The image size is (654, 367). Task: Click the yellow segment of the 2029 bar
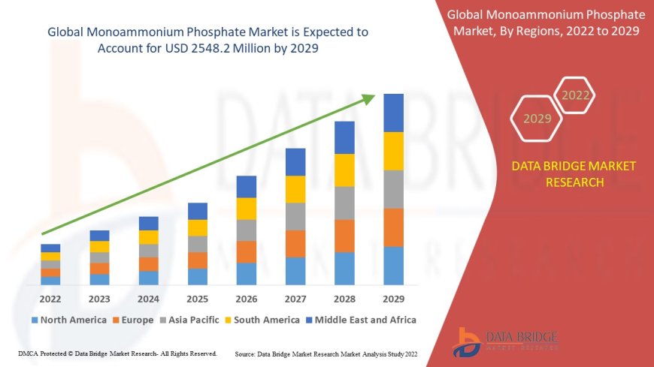click(x=393, y=151)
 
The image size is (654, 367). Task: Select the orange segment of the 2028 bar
click(x=344, y=236)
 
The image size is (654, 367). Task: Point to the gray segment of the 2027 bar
click(x=295, y=216)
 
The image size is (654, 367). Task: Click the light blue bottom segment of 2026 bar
click(x=247, y=273)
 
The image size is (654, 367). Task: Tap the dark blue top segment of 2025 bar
click(x=198, y=211)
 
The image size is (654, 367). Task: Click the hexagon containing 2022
click(x=577, y=95)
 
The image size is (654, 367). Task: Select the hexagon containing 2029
click(x=537, y=119)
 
